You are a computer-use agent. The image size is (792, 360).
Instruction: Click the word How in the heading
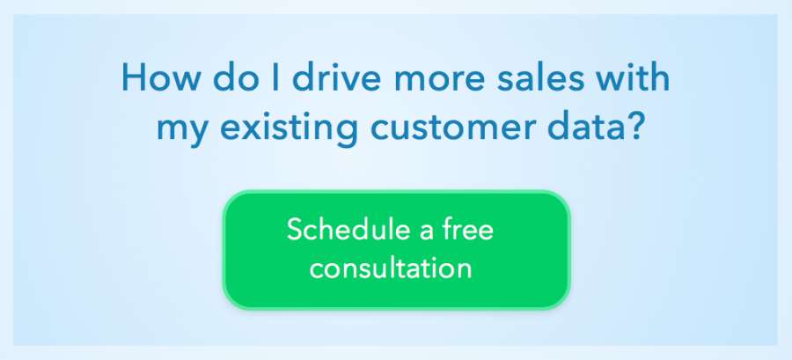pos(162,77)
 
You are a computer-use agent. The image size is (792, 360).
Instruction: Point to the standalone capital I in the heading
pos(275,77)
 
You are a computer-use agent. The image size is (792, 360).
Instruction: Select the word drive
pos(336,77)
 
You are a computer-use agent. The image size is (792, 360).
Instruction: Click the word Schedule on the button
pos(348,230)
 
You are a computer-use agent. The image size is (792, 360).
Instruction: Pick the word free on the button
pos(468,230)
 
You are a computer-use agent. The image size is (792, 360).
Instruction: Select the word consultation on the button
pos(391,268)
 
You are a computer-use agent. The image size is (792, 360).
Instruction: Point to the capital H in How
pos(133,77)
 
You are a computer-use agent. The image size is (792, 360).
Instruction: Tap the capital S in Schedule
pos(295,231)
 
